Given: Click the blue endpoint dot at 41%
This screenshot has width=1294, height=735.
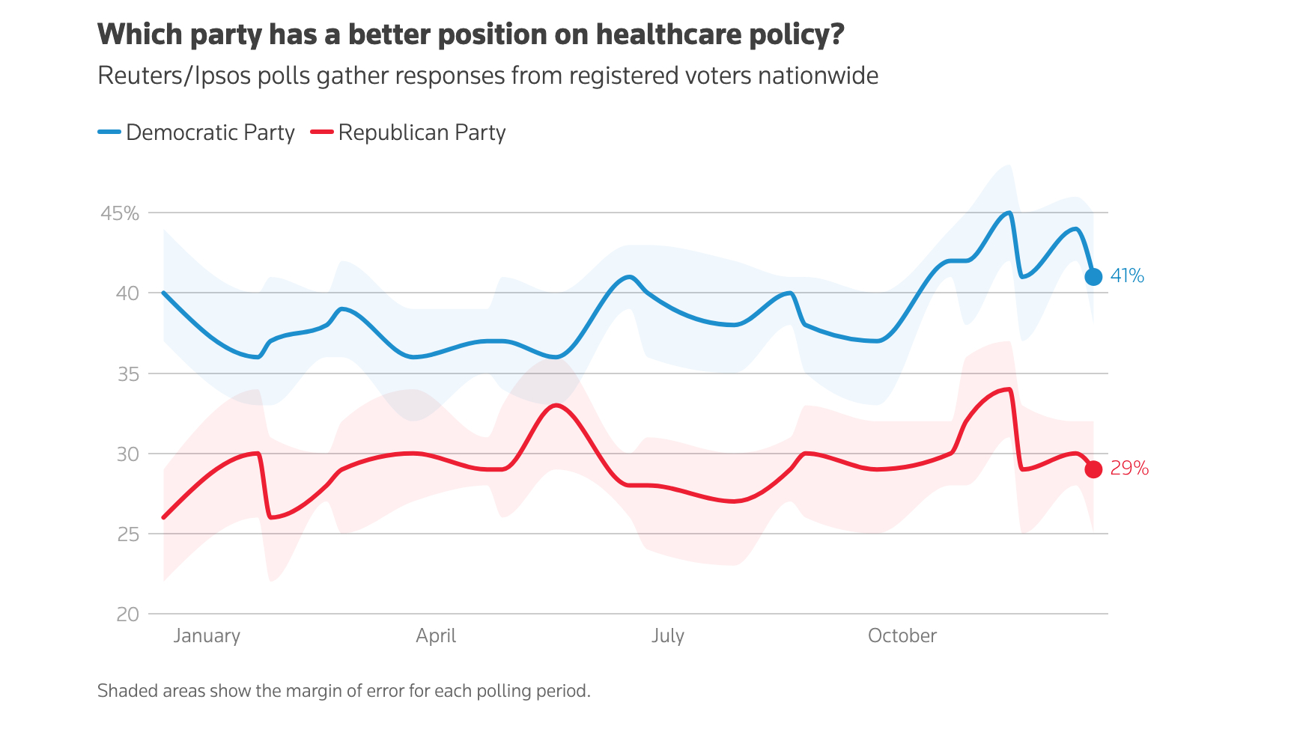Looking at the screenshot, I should (x=1093, y=277).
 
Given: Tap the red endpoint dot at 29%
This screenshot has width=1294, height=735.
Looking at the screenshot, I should (x=1093, y=469).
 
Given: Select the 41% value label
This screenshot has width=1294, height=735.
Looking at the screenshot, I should (x=1127, y=276).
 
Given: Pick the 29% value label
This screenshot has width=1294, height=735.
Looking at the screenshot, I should (x=1129, y=469).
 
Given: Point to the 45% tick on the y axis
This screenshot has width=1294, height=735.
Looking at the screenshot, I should (x=120, y=213).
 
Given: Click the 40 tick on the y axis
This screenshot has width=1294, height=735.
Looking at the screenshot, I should (x=127, y=293).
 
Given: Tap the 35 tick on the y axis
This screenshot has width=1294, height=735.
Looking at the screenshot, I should (x=128, y=373).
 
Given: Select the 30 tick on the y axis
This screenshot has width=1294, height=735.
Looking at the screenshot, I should (x=127, y=454).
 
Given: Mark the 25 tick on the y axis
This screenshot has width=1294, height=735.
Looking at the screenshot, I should (x=128, y=534).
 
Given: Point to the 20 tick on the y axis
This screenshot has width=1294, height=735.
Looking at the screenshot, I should (x=127, y=614).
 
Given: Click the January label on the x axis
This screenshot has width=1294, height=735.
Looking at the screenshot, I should (x=207, y=636).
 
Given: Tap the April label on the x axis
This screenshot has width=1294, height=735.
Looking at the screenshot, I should (x=436, y=636).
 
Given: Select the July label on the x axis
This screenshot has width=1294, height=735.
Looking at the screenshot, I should (x=668, y=636).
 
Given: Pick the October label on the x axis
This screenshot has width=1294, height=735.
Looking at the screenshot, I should (x=902, y=636).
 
